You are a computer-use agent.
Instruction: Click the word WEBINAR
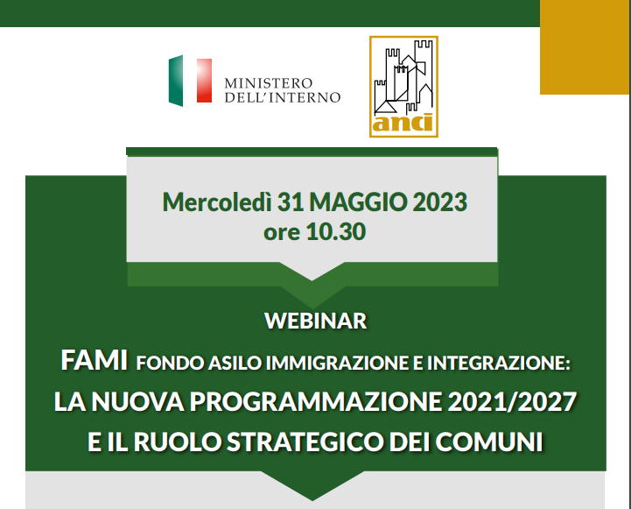tap(316, 321)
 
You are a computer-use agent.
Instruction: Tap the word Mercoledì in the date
tap(217, 201)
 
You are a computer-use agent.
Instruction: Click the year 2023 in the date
tap(440, 201)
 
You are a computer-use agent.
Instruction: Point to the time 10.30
tap(336, 232)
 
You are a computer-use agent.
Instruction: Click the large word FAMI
tap(95, 360)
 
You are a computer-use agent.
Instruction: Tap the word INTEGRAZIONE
tap(498, 363)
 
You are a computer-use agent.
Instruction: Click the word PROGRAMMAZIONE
tap(315, 402)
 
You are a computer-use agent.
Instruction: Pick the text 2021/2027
tap(512, 402)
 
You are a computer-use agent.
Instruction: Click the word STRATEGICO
tap(305, 442)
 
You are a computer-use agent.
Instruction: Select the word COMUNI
tap(489, 442)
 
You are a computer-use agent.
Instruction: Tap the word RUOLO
tap(177, 442)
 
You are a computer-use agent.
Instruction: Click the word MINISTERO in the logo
tap(269, 83)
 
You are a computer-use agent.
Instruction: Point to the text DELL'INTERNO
tap(283, 97)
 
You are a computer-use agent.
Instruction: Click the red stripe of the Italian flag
tap(204, 81)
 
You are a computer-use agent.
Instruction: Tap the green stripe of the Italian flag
tap(176, 81)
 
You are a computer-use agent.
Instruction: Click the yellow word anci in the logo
tap(403, 123)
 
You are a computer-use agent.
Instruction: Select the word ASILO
tap(235, 363)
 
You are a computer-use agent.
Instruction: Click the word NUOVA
tap(137, 402)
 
